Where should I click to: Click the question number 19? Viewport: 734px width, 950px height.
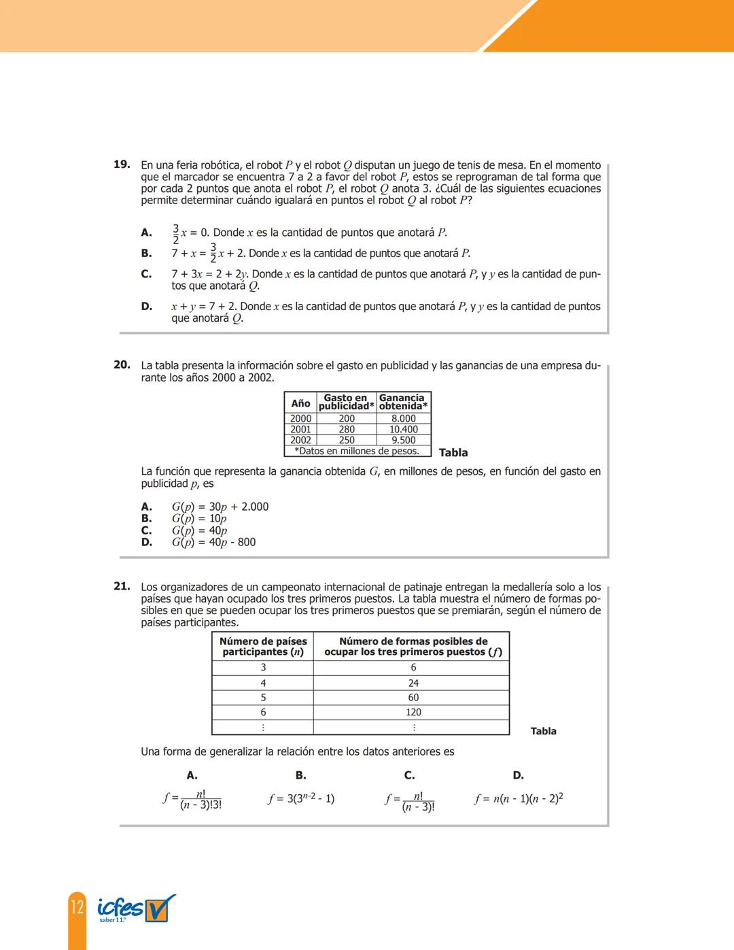pos(122,165)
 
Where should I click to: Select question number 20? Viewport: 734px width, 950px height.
pos(122,365)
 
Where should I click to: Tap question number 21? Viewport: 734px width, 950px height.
pos(122,586)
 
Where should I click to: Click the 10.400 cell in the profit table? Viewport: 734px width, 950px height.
pos(404,429)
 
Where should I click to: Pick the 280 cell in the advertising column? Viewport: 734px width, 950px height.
pos(347,429)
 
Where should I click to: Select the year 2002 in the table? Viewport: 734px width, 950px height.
pos(300,440)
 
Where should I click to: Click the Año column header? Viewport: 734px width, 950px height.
pos(300,403)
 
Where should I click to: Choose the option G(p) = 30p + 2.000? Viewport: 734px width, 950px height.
pos(220,507)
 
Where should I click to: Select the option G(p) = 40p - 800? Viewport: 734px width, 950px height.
pos(213,542)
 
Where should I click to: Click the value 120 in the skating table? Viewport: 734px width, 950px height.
pos(413,712)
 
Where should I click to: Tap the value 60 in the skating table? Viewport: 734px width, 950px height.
pos(413,698)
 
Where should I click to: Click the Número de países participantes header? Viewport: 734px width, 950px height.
pos(263,646)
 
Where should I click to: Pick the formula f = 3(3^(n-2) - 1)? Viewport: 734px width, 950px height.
pos(301,798)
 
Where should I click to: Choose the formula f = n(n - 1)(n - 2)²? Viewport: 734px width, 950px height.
pos(519,798)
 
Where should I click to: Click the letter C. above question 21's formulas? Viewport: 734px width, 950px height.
pos(409,775)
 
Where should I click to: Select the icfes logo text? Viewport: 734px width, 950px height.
pos(120,908)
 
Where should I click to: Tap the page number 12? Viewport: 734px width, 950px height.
pos(77,907)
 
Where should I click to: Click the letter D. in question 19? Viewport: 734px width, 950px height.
pos(147,306)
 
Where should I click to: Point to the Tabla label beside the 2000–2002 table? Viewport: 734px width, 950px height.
pos(453,452)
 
